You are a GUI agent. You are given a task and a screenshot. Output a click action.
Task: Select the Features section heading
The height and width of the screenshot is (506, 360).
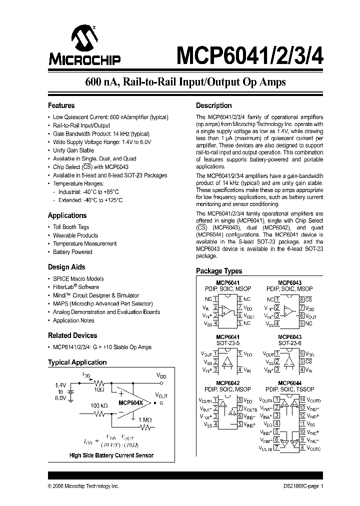pos(61,105)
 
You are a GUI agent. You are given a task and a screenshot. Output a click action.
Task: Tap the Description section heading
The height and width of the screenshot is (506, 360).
pos(213,105)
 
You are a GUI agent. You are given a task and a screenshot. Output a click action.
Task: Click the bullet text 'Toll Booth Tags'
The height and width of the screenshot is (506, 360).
pos(71,227)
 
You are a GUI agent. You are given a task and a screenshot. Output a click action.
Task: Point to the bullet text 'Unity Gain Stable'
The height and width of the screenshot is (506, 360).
pos(73,150)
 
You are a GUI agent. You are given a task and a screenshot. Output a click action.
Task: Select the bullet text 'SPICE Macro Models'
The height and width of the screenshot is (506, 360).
pos(78,278)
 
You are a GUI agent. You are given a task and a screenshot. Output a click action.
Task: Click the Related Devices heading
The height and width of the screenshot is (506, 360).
pos(72,335)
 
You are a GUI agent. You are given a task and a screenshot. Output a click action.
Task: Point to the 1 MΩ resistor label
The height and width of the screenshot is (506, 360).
pos(145,419)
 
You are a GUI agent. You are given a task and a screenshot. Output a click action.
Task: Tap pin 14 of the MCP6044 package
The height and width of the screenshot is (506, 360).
pos(302,399)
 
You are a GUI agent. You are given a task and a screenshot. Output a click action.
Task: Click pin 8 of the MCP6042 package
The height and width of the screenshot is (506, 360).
pos(240,400)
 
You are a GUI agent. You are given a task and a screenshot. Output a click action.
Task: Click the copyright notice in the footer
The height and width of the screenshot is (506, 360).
pos(83,486)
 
